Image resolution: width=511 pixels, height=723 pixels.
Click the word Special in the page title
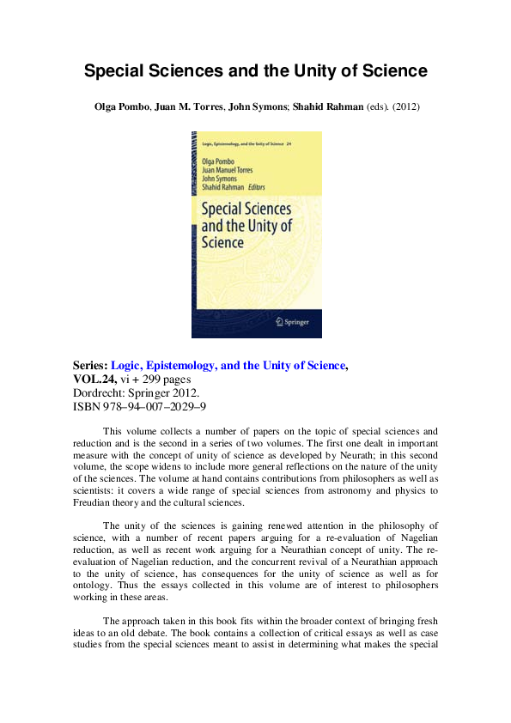click(x=113, y=71)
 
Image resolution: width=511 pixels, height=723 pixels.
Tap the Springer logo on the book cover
click(x=289, y=321)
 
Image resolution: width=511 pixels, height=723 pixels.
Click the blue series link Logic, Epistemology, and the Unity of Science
click(x=228, y=365)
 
